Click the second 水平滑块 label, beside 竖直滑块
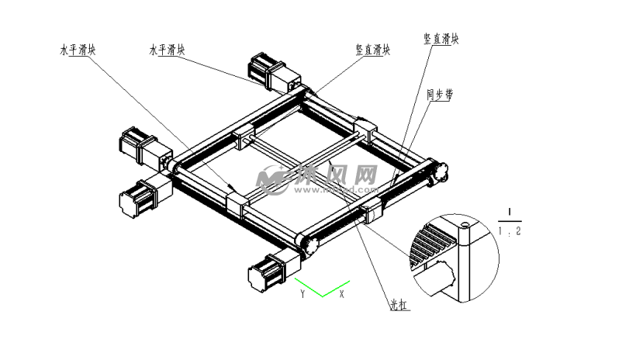(168, 50)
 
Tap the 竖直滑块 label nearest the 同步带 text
(441, 39)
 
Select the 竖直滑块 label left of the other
(372, 50)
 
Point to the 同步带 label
(440, 95)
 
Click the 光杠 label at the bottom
(399, 305)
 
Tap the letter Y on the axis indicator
(303, 294)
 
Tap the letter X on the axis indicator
(341, 294)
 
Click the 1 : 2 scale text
(509, 231)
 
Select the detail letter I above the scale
(509, 212)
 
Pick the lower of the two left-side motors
(143, 193)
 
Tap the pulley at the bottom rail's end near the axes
(309, 244)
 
